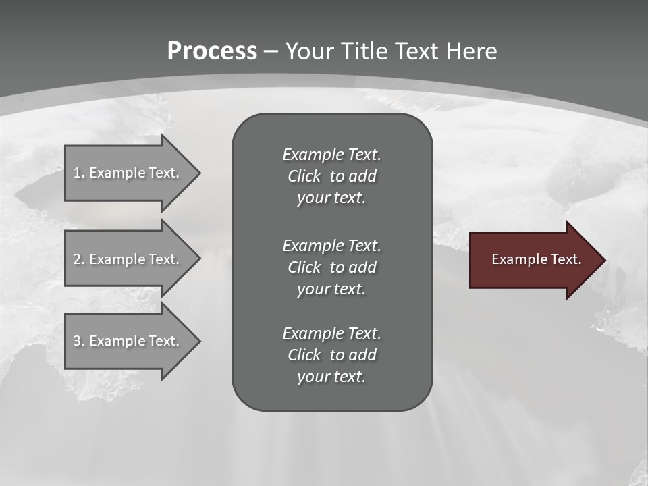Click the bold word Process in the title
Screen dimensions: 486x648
coord(212,51)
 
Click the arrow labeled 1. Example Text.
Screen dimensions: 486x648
coord(128,173)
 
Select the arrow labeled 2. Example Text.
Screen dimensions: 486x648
coord(128,259)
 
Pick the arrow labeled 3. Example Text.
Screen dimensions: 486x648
coord(128,341)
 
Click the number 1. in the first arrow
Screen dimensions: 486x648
coord(79,173)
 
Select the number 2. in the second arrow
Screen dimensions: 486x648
coord(79,259)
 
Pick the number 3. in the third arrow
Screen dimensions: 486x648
coord(79,341)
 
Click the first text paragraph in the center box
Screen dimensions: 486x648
coord(331,176)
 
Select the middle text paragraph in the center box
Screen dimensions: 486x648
coord(331,267)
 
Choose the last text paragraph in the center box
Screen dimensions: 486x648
coord(331,355)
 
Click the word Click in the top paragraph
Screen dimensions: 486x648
coord(304,176)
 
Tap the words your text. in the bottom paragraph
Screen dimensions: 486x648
coord(331,377)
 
